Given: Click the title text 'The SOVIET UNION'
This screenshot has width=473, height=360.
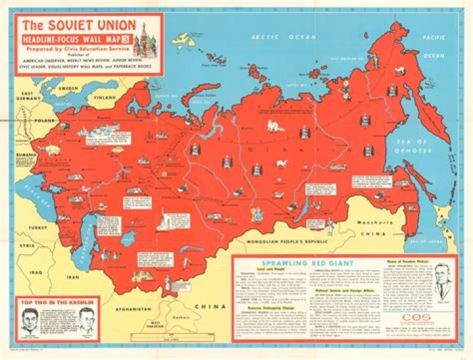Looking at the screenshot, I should click(74, 27).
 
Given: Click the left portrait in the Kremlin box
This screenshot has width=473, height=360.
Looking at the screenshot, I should click(28, 321).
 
